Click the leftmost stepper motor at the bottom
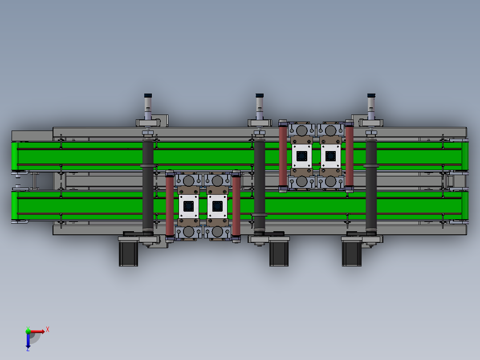[x=128, y=254]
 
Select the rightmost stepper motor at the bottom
[x=351, y=254]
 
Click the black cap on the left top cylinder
[x=148, y=95]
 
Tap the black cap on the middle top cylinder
[x=260, y=95]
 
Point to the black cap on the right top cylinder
[x=371, y=95]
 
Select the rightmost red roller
[x=349, y=156]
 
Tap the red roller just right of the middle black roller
[x=283, y=156]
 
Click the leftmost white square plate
[x=188, y=206]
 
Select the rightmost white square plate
[x=330, y=156]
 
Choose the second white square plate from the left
[x=217, y=206]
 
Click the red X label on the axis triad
[x=48, y=329]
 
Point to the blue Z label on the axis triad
[x=28, y=349]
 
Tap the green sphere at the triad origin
[x=28, y=331]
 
